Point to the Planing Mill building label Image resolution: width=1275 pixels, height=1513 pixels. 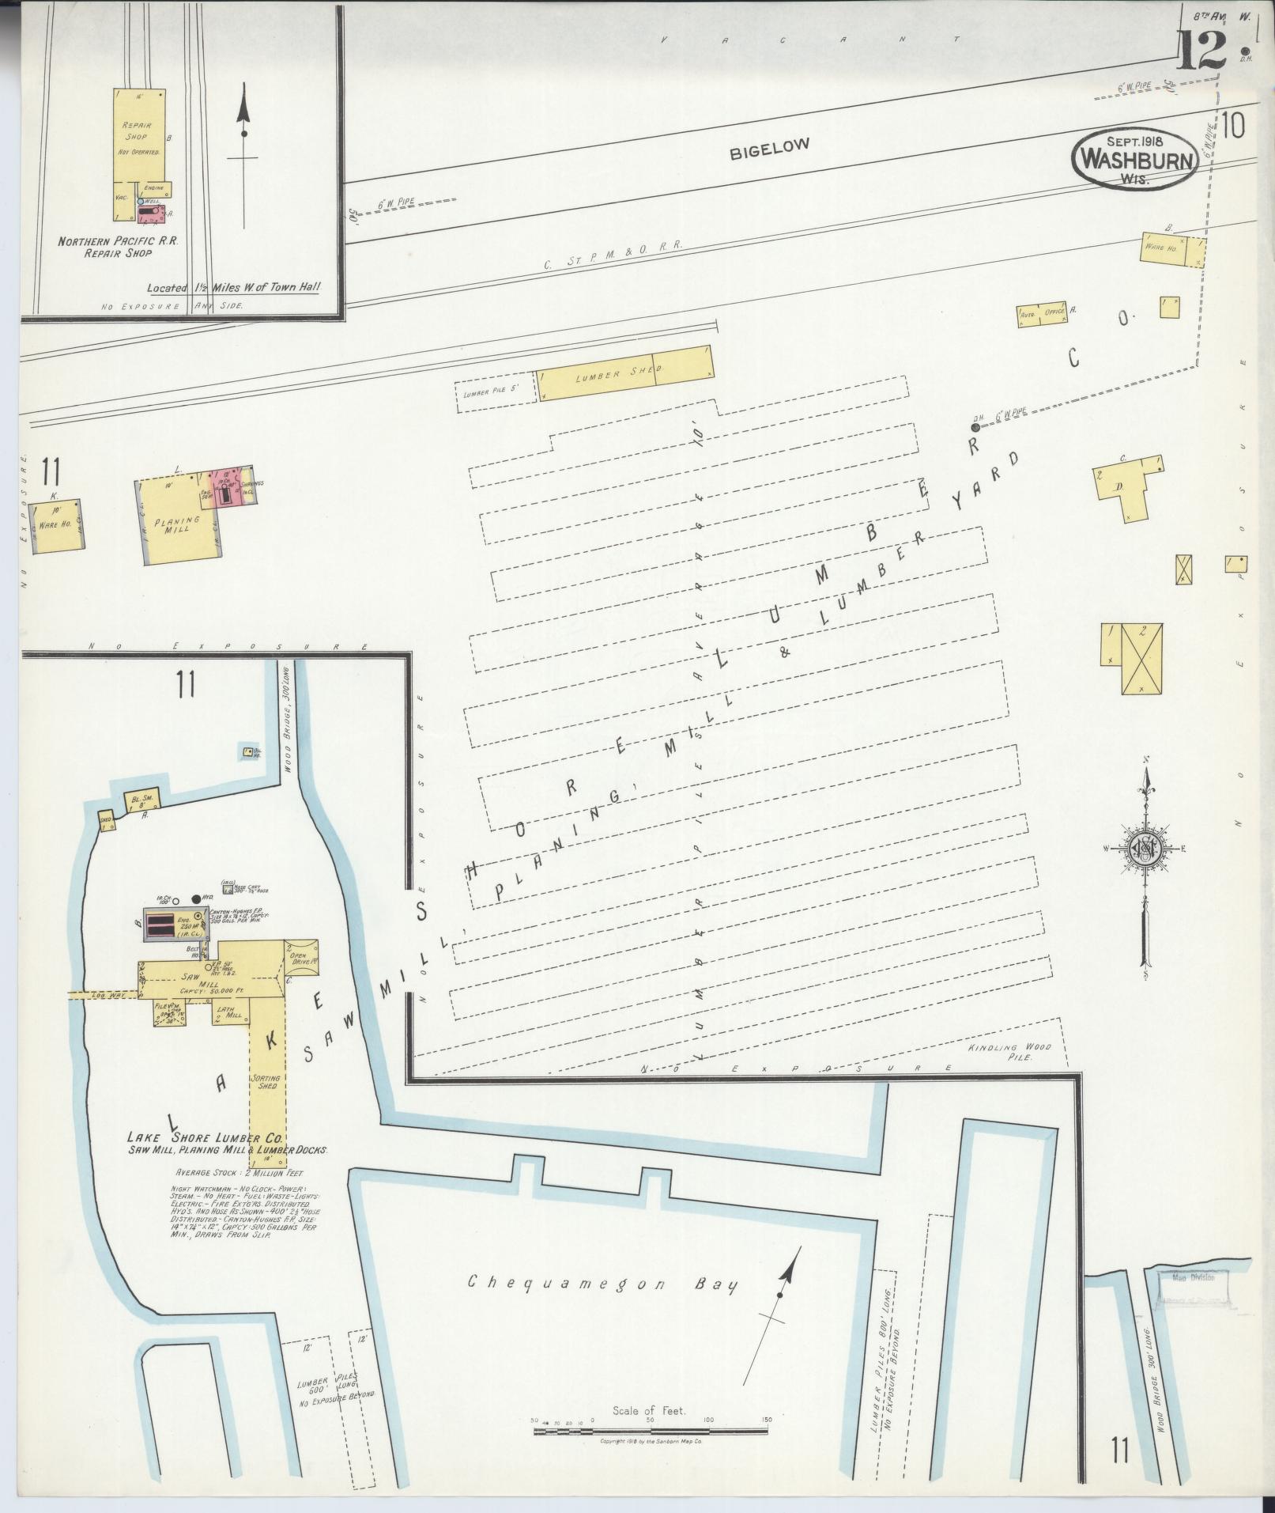click(x=176, y=525)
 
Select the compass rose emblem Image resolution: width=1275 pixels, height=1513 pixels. click(x=1144, y=848)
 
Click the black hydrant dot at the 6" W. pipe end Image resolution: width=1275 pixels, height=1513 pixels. click(x=975, y=427)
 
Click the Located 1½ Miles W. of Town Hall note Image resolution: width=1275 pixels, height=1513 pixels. click(x=234, y=289)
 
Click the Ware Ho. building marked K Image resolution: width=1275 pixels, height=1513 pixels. click(x=55, y=526)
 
